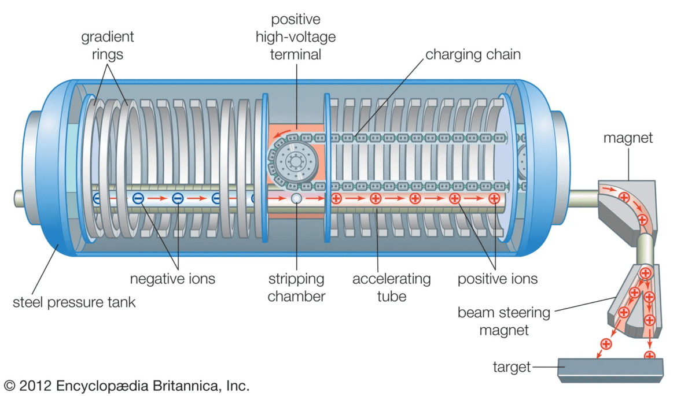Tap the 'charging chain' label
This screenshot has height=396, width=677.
tap(473, 55)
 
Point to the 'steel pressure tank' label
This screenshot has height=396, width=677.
tap(74, 302)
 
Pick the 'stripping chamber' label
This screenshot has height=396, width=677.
tap(296, 287)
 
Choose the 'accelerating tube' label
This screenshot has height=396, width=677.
tap(391, 287)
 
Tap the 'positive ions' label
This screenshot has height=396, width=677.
tap(497, 279)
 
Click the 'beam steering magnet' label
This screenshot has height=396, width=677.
tap(495, 321)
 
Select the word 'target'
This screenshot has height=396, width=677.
tap(511, 367)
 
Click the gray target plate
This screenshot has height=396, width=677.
tap(610, 368)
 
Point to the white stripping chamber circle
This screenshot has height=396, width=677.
tap(296, 199)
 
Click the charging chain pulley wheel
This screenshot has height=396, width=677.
tap(294, 162)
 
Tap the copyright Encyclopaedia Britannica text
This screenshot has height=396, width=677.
tap(127, 385)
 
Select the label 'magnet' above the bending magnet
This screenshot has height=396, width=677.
tap(628, 138)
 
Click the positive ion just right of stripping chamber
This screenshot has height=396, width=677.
tap(336, 199)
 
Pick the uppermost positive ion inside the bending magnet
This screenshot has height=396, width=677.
tap(624, 198)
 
